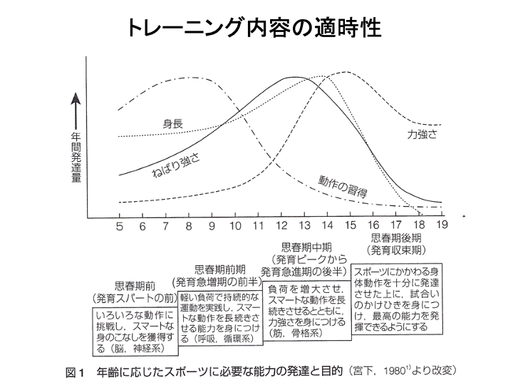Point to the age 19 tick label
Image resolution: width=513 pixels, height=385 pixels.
441,227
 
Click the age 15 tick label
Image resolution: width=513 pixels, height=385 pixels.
349,227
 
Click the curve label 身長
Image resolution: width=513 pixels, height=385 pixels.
173,123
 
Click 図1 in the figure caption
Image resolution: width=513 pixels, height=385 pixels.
75,371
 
